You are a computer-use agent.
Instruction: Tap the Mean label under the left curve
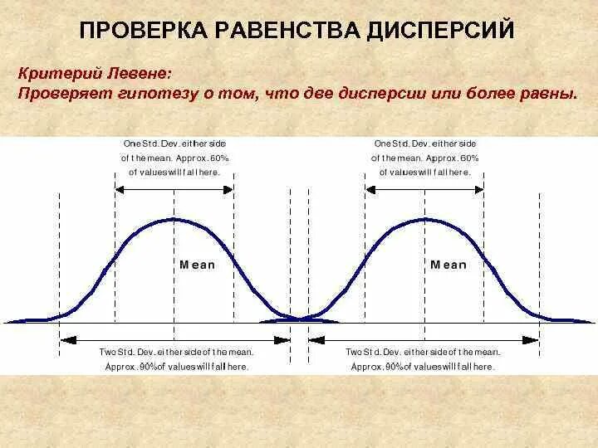tap(197, 265)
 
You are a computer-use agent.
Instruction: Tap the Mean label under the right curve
tap(448, 265)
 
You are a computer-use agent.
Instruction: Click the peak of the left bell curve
tap(174, 219)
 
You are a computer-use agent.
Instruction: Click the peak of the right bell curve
tap(425, 219)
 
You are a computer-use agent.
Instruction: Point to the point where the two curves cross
tap(300, 317)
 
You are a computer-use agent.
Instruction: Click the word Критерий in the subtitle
tap(55, 74)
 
